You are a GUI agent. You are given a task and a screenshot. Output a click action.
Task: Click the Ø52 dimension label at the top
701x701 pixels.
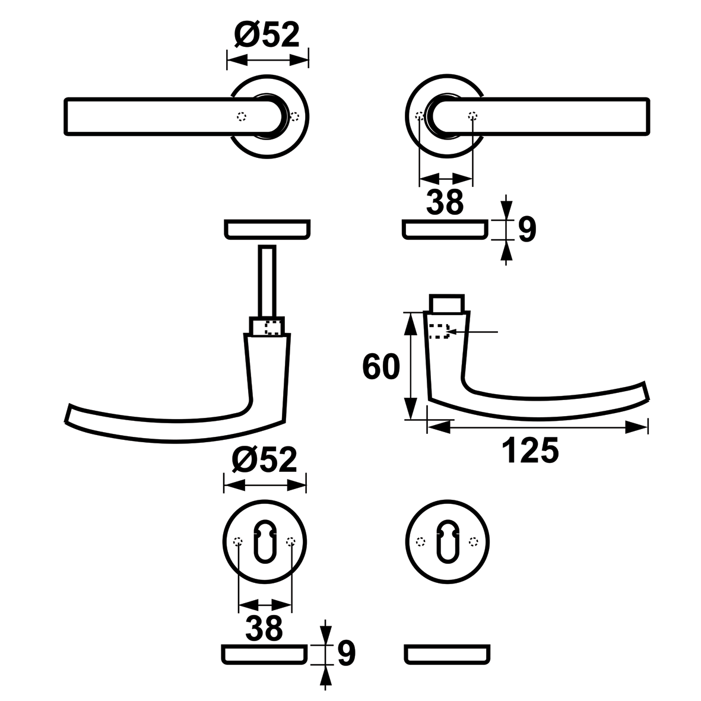coord(267,35)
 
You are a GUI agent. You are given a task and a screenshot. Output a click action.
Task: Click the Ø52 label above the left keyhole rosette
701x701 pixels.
coord(265,459)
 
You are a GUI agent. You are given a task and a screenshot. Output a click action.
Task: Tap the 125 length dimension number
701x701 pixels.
coord(530,450)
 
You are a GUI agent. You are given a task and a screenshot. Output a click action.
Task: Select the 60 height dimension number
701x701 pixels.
coord(381,367)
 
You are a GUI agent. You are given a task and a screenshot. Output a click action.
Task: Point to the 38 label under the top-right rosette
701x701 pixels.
coord(445,202)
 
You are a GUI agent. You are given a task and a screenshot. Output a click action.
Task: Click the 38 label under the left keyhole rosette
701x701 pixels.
coord(264,627)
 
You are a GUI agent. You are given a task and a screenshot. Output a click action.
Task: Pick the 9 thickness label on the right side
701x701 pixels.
coord(527,230)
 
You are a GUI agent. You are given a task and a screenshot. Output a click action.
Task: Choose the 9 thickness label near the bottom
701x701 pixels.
coord(347,653)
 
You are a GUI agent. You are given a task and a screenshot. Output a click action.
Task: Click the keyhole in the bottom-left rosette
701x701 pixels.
coord(265,541)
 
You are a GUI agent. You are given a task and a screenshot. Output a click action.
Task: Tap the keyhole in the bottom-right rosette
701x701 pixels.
coord(447,541)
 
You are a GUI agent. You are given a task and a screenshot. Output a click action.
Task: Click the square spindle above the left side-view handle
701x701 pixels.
coord(267,281)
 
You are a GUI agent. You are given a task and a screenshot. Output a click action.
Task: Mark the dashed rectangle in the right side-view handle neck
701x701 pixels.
coord(439,331)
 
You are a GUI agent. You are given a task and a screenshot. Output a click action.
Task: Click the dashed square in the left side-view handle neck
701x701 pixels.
coord(272,327)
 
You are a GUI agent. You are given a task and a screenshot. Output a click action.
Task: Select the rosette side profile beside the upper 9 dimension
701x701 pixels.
coord(445,229)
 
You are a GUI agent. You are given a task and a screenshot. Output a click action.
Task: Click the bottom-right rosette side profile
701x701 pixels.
coord(447,655)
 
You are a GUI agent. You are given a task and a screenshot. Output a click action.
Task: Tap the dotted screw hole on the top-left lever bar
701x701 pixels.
coord(242,116)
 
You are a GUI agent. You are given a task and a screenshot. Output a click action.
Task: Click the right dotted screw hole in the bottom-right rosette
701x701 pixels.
coord(474,542)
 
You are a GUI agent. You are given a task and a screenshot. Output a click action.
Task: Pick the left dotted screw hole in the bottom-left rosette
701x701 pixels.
coord(238,542)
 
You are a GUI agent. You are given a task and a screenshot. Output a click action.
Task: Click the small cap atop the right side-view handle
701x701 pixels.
coord(446,303)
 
